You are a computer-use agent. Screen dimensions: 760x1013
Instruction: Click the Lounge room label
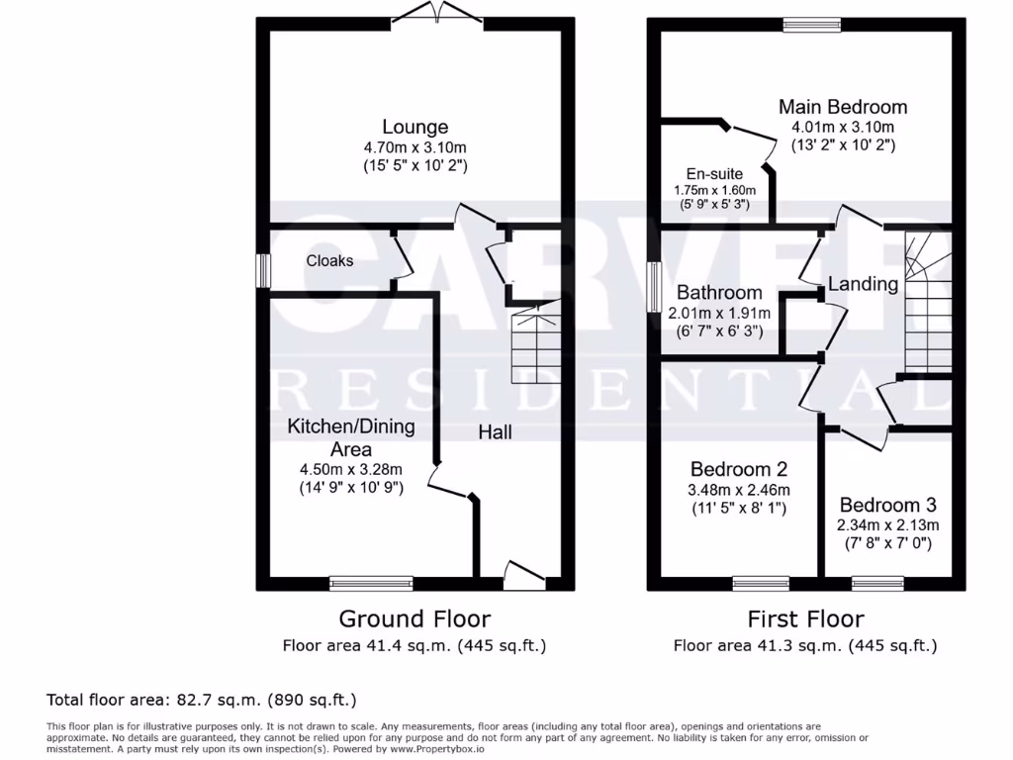point(415,127)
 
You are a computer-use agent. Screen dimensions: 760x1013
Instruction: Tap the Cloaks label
point(329,261)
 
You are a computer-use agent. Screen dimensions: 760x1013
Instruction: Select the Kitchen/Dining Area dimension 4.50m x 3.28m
point(350,469)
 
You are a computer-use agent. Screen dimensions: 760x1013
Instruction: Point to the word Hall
point(495,432)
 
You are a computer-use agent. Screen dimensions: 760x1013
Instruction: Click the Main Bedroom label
point(842,107)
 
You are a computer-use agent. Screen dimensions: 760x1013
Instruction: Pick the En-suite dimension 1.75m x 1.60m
point(714,190)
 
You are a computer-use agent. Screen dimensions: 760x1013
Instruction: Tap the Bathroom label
point(719,293)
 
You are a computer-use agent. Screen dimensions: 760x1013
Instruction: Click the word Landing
point(863,285)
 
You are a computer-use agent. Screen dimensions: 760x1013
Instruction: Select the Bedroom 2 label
point(739,469)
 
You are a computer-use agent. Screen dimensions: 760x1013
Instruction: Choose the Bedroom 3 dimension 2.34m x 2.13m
point(888,525)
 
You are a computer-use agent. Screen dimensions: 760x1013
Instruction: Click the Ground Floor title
point(414,619)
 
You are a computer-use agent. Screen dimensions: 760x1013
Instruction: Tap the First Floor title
point(805,619)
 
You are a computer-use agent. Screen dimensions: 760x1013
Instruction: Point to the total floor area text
point(202,701)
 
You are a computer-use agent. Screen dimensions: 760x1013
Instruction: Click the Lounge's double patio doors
point(437,14)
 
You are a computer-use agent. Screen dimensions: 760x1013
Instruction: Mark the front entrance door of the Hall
point(523,577)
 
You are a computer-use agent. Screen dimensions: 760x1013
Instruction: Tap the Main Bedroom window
point(811,25)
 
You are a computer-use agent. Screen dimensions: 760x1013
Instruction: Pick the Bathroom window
point(654,288)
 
